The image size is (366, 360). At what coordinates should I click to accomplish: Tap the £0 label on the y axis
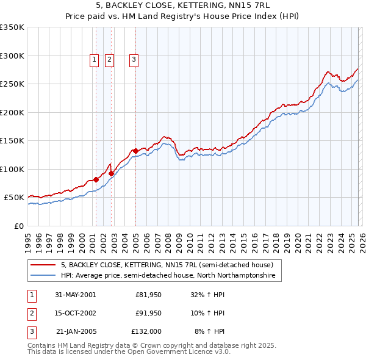[18, 226]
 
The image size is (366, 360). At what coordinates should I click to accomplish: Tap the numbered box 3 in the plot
[134, 59]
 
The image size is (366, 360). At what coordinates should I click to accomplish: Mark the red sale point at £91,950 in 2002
[111, 173]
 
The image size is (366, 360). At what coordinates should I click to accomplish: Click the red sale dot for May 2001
[96, 179]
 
